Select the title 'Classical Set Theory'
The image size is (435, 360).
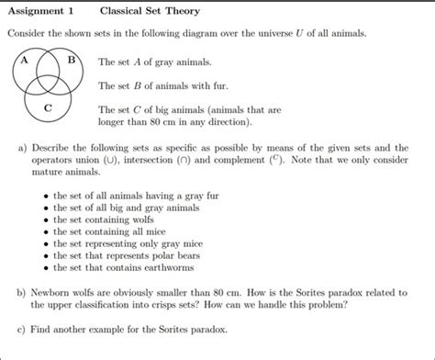(x=149, y=12)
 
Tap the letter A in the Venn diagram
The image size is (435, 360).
(x=26, y=62)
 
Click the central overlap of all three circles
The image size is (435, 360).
(x=49, y=84)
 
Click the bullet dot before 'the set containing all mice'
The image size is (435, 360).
(x=46, y=232)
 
